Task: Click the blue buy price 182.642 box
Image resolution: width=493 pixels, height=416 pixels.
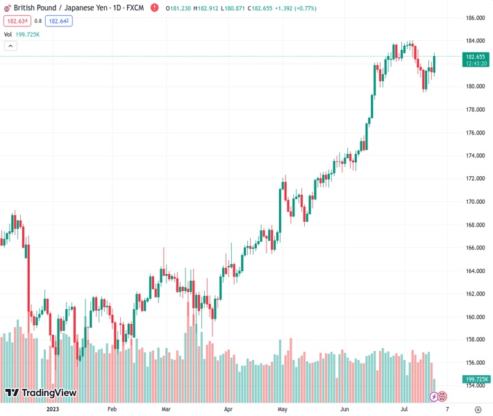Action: tap(59, 21)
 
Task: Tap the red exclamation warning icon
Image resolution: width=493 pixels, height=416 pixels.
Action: tap(442, 397)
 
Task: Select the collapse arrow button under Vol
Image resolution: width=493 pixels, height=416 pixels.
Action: tap(10, 46)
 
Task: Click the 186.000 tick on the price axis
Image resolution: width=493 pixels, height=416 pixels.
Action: tap(475, 17)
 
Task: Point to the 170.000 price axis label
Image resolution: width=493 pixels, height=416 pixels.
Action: tap(475, 202)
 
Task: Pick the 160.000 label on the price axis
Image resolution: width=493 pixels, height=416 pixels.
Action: tap(475, 317)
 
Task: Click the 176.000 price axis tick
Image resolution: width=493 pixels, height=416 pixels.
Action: tap(475, 132)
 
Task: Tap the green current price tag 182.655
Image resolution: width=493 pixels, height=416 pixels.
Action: tap(476, 60)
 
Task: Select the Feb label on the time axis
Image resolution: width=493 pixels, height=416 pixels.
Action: tap(112, 410)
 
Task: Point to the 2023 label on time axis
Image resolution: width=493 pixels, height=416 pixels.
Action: tap(52, 410)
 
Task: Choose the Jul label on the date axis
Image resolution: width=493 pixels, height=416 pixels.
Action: tap(403, 410)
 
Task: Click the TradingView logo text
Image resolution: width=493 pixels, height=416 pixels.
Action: tap(49, 393)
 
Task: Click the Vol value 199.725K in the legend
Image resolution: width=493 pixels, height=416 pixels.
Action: tap(27, 34)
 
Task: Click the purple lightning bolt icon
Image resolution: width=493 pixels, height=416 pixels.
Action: tap(434, 397)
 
